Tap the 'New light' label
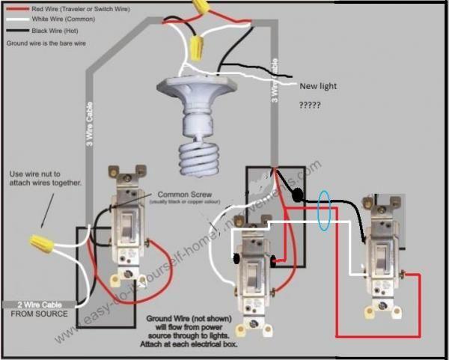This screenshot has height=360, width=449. point(317,86)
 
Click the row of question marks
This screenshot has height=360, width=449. point(310,106)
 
